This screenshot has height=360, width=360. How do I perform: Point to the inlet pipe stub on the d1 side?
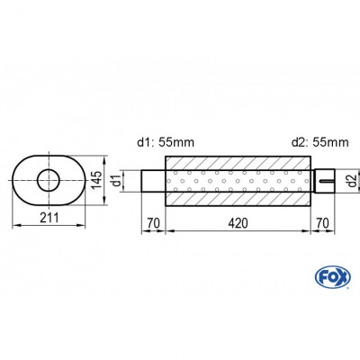151,180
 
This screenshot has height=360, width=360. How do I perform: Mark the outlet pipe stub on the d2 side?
323,180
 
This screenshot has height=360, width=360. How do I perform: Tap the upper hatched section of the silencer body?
237,159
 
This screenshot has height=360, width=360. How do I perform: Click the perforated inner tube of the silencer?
237,180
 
